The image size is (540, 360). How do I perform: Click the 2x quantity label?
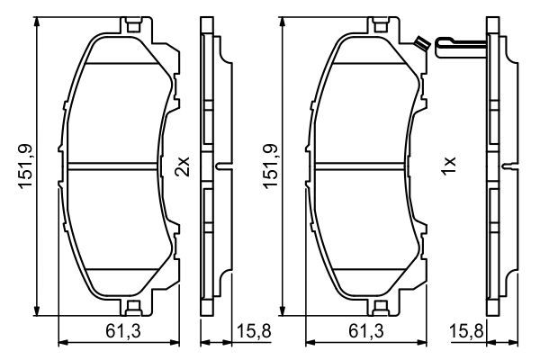[184, 166]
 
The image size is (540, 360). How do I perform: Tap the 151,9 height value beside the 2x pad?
[26, 166]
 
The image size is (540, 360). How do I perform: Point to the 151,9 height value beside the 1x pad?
[267, 166]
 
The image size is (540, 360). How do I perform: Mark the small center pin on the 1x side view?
[511, 165]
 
